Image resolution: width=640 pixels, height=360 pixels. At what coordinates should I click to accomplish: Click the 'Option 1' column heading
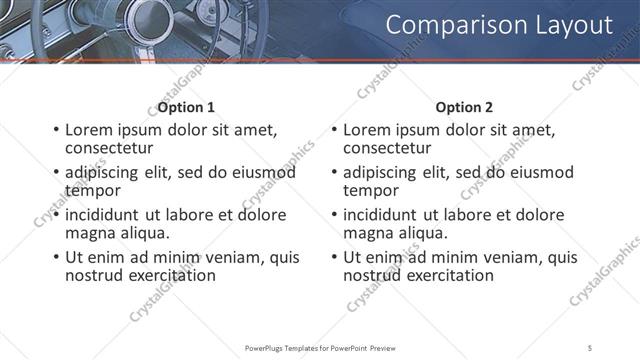pyautogui.click(x=186, y=107)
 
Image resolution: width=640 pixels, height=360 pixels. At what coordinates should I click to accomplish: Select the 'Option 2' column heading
pyautogui.click(x=465, y=107)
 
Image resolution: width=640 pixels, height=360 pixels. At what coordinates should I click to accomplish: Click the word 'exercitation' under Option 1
pyautogui.click(x=169, y=275)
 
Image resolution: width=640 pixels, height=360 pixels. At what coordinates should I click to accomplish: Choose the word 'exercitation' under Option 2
pyautogui.click(x=447, y=275)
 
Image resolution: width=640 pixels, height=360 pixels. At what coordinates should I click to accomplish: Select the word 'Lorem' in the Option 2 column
pyautogui.click(x=367, y=130)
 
